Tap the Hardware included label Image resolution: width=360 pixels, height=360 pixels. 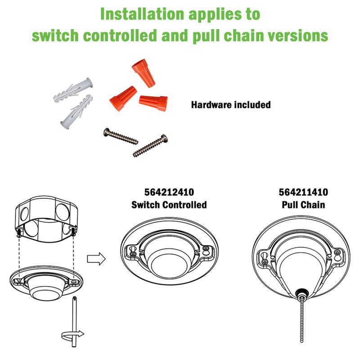(x=231, y=105)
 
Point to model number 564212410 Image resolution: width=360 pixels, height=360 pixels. (x=169, y=192)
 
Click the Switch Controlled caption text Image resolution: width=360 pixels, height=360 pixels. (x=169, y=205)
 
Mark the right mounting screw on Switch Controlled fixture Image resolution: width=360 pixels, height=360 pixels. (x=205, y=249)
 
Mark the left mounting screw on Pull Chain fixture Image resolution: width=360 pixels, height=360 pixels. (x=265, y=260)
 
